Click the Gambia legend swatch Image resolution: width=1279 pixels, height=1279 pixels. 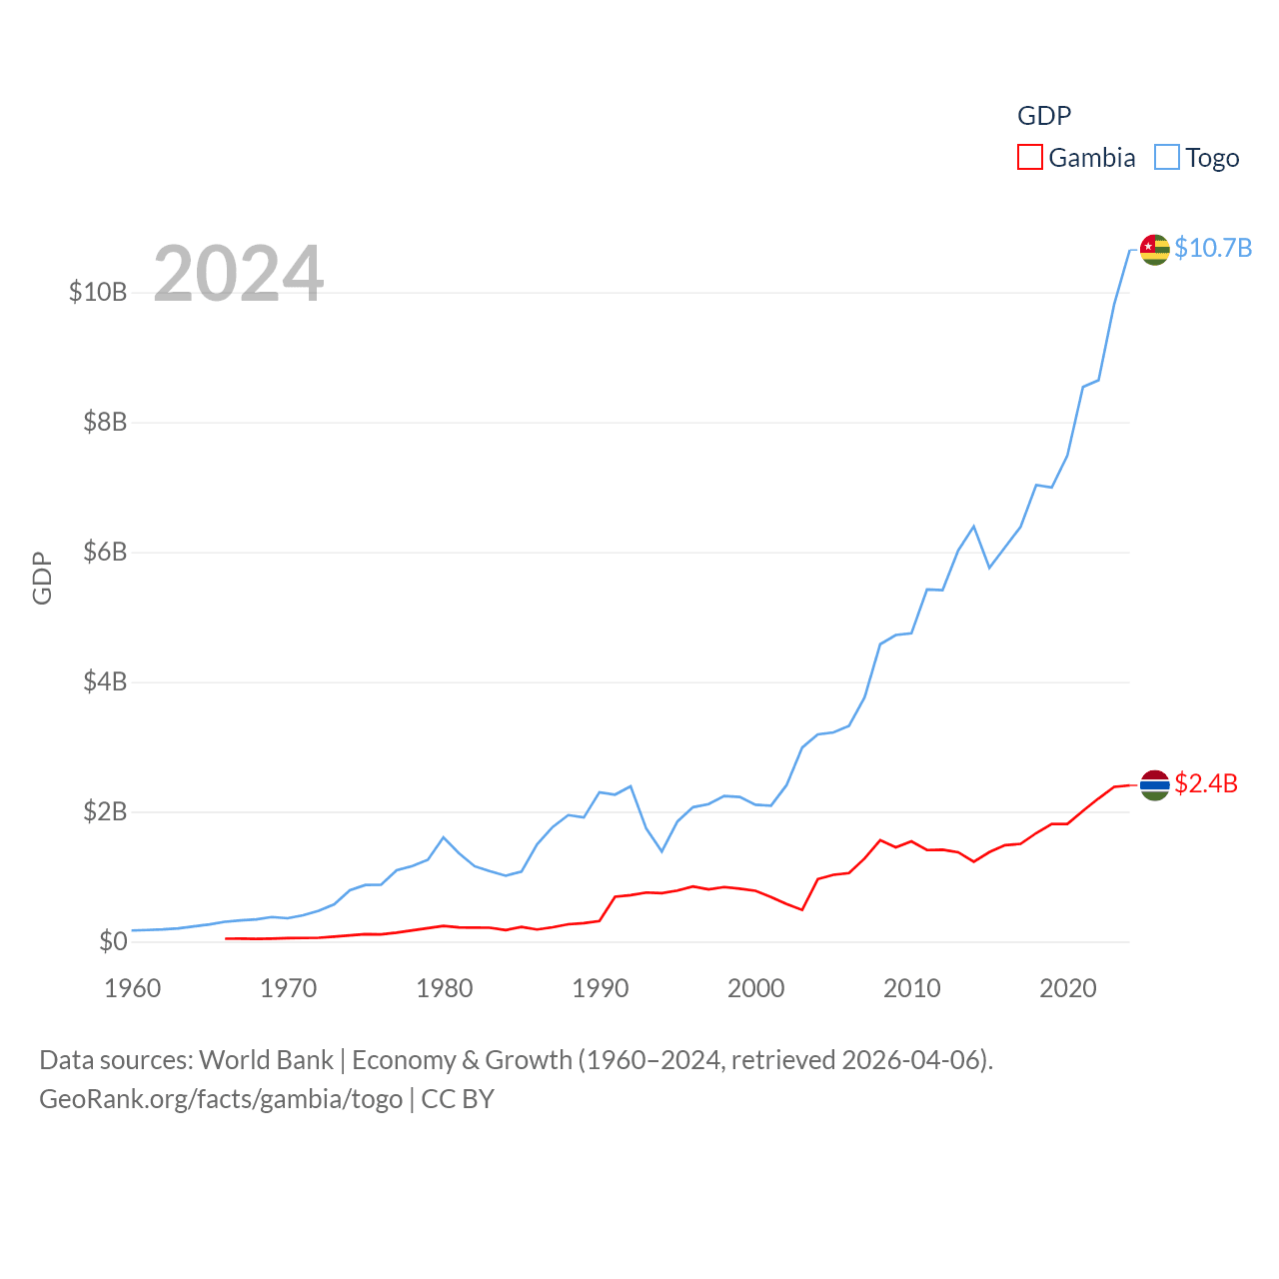tap(1029, 158)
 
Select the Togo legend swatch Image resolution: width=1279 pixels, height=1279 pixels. tap(1166, 158)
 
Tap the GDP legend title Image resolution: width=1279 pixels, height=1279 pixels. tap(1044, 116)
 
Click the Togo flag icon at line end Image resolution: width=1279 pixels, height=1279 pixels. tap(1154, 250)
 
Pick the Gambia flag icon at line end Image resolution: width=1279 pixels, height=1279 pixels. tap(1154, 785)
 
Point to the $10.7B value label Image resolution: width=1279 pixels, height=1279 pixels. tap(1213, 248)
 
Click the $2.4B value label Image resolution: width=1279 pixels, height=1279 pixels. tap(1206, 783)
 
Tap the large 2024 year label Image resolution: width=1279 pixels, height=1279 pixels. tap(238, 273)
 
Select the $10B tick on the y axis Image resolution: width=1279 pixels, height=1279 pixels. tap(98, 292)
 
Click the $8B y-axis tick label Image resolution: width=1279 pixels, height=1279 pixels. tap(105, 422)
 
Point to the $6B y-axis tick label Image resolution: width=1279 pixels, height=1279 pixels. tap(105, 552)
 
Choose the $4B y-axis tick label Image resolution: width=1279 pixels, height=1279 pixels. tap(105, 681)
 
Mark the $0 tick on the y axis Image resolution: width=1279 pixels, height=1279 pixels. tap(113, 941)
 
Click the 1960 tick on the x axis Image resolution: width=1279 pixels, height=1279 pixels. tap(133, 988)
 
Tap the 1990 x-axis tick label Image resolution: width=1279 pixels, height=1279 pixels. tap(601, 988)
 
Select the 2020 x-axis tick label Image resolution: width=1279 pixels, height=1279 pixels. tap(1068, 988)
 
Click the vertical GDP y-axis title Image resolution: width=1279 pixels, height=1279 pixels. tap(42, 578)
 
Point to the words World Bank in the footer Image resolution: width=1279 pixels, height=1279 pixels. tap(266, 1060)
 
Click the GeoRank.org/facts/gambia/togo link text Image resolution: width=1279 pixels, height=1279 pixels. tap(221, 1099)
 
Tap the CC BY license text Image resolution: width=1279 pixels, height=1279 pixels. tap(458, 1099)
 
